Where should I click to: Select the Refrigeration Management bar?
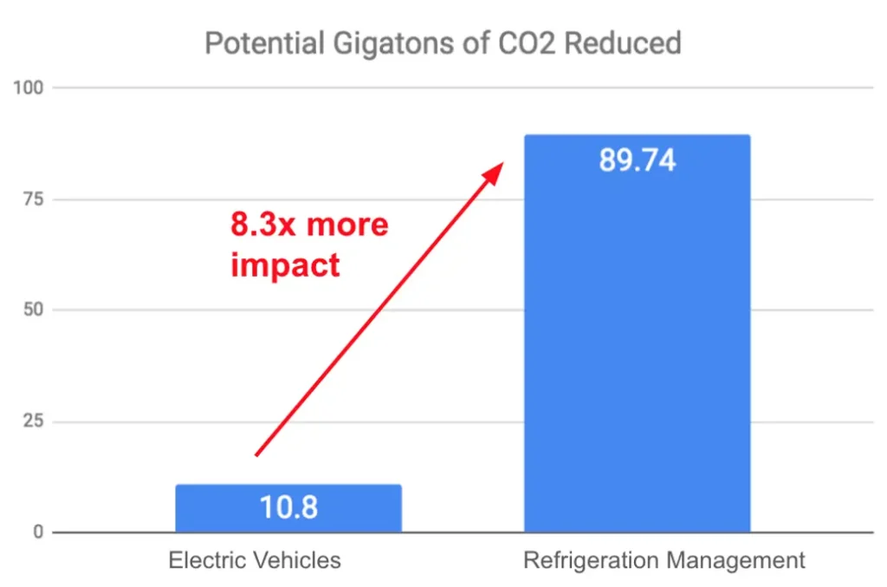point(637,347)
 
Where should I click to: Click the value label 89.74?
point(637,161)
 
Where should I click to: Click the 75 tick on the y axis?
point(33,199)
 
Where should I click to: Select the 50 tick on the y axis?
point(33,310)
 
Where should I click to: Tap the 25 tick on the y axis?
point(33,421)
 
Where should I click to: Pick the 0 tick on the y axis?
point(37,532)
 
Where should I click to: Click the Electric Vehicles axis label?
point(255,560)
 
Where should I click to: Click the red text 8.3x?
point(263,225)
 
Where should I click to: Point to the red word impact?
point(284,264)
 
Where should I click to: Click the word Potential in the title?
point(253,43)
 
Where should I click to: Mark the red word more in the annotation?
point(347,225)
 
